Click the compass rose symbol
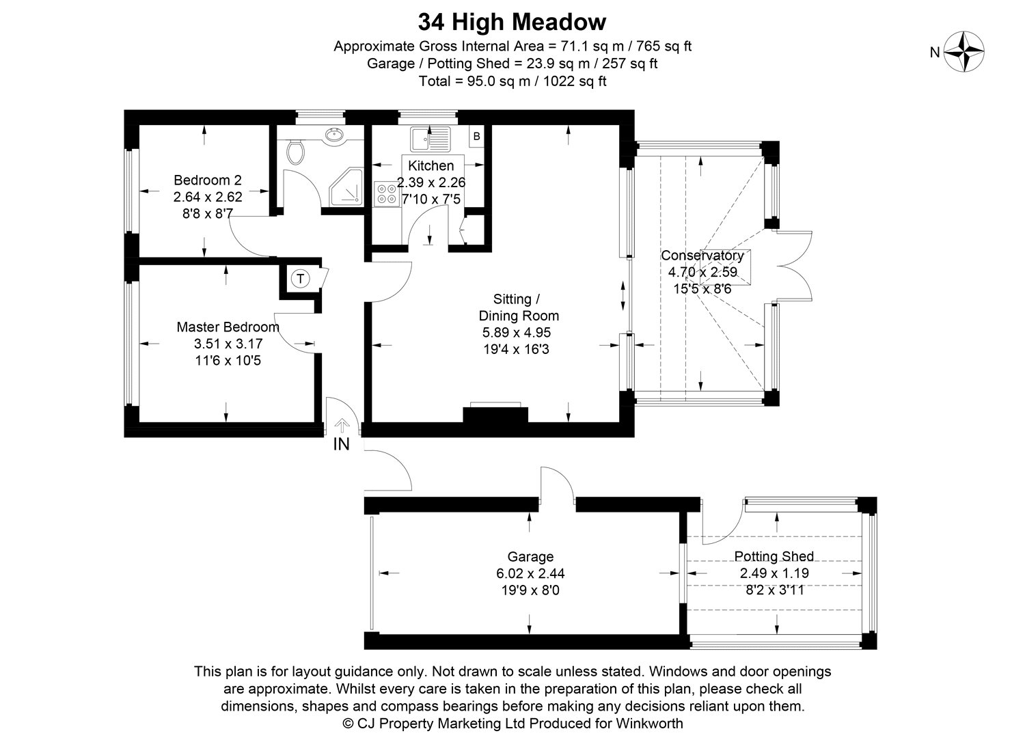pos(963,52)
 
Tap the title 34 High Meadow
pos(512,22)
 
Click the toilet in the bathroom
pos(295,152)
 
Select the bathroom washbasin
pos(335,136)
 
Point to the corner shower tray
pos(347,187)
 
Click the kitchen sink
pos(430,139)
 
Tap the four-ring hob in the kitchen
pos(387,194)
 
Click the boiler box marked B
pos(476,136)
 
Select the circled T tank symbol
pos(300,278)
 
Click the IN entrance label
pos(342,444)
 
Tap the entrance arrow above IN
pos(342,426)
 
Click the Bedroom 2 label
pos(208,180)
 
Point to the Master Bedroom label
pos(228,327)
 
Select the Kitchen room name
pos(431,165)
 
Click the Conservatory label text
pos(702,256)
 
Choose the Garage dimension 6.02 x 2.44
pos(530,573)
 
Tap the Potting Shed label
pos(774,556)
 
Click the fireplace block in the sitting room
pos(495,415)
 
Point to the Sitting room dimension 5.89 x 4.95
pos(517,332)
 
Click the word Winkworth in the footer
pos(649,723)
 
